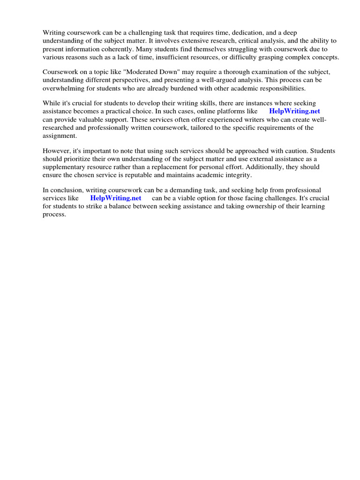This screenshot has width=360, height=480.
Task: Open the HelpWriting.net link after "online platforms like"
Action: [294, 111]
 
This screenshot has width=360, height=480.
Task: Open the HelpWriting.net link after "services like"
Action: [115, 198]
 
